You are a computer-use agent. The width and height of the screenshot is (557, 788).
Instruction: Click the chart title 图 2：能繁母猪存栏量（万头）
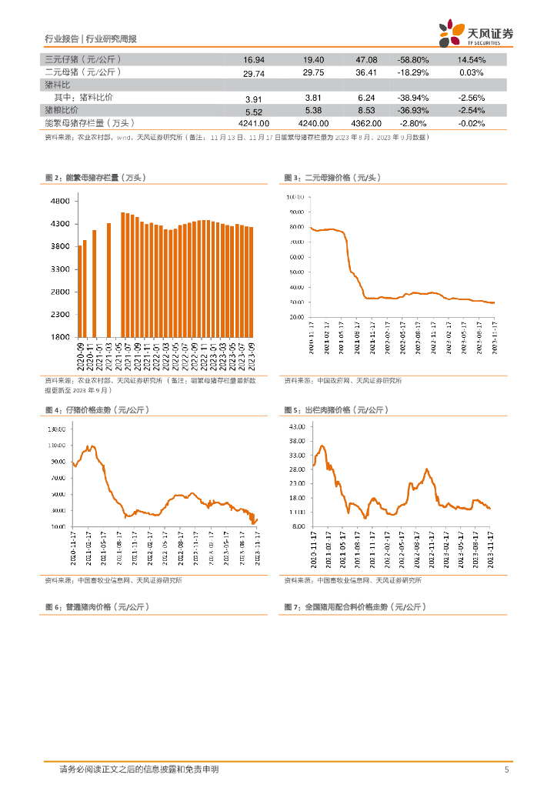[x=95, y=178]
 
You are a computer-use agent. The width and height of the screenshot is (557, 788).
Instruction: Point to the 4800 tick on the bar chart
[x=60, y=201]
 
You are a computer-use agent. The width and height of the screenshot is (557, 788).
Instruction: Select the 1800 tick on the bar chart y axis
[x=60, y=337]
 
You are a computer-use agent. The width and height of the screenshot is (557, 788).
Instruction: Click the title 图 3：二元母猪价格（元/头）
[x=332, y=178]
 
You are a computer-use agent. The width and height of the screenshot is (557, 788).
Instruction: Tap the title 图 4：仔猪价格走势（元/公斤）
[x=96, y=410]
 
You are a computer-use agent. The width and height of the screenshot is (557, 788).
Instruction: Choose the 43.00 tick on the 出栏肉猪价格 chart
[x=297, y=426]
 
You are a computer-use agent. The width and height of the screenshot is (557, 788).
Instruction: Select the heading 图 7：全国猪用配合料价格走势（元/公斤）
[x=355, y=607]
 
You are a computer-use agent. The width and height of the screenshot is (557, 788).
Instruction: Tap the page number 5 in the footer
[x=505, y=770]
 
